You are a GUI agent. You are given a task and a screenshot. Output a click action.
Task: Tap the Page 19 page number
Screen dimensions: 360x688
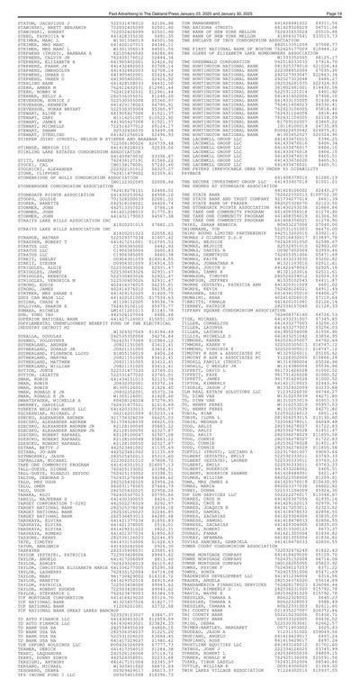pyautogui.click(x=346, y=5)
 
